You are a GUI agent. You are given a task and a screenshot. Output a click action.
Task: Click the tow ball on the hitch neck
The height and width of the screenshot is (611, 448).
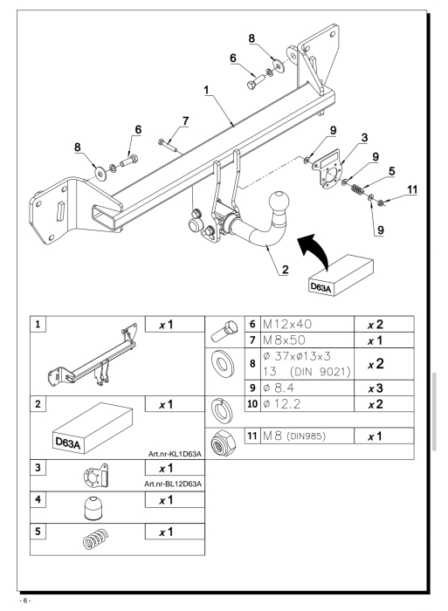pyautogui.click(x=279, y=203)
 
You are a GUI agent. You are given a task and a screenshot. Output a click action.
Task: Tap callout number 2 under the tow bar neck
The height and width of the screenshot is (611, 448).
pyautogui.click(x=285, y=269)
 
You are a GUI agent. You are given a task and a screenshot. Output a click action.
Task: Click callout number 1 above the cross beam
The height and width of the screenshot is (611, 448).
pyautogui.click(x=206, y=90)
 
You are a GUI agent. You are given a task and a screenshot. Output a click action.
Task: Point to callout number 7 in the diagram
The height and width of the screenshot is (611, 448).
pyautogui.click(x=185, y=120)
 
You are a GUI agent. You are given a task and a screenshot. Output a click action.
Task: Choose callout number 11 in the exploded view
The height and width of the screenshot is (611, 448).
pyautogui.click(x=411, y=189)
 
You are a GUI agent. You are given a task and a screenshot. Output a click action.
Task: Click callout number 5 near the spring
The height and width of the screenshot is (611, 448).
pyautogui.click(x=392, y=171)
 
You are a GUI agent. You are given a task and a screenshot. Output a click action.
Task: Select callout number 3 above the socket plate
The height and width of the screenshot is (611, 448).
pyautogui.click(x=364, y=138)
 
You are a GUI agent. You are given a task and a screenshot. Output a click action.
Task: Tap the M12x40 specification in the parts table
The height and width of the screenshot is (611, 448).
pyautogui.click(x=287, y=324)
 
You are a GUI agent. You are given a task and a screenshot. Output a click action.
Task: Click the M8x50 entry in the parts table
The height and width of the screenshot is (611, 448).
pyautogui.click(x=284, y=340)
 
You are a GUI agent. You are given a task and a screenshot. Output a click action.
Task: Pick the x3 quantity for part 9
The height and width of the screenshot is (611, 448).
pyautogui.click(x=376, y=388)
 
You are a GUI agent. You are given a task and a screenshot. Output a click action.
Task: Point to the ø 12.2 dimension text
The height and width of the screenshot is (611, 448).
pyautogui.click(x=281, y=403)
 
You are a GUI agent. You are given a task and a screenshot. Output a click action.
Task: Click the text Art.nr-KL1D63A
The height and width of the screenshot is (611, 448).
pyautogui.click(x=175, y=454)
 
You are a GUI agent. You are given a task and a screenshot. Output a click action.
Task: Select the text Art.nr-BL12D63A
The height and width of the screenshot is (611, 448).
pyautogui.click(x=173, y=484)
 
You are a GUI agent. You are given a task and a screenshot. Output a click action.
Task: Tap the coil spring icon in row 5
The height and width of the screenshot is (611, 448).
pyautogui.click(x=96, y=539)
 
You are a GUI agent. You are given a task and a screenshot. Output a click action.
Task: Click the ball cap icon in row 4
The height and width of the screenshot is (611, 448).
pyautogui.click(x=93, y=507)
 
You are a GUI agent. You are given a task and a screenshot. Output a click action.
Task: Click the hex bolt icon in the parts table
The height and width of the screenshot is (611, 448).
pyautogui.click(x=224, y=331)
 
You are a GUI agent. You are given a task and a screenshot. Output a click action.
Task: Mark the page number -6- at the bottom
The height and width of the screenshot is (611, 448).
pyautogui.click(x=25, y=601)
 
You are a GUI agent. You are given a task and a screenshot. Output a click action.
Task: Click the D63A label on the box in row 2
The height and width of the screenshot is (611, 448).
pyautogui.click(x=68, y=443)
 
